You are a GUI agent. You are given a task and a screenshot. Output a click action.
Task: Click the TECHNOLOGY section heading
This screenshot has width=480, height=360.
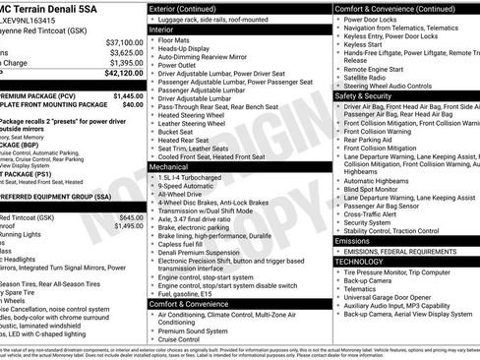tap(361, 262)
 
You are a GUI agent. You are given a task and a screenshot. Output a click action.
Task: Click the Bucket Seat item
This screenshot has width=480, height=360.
tap(178, 130)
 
